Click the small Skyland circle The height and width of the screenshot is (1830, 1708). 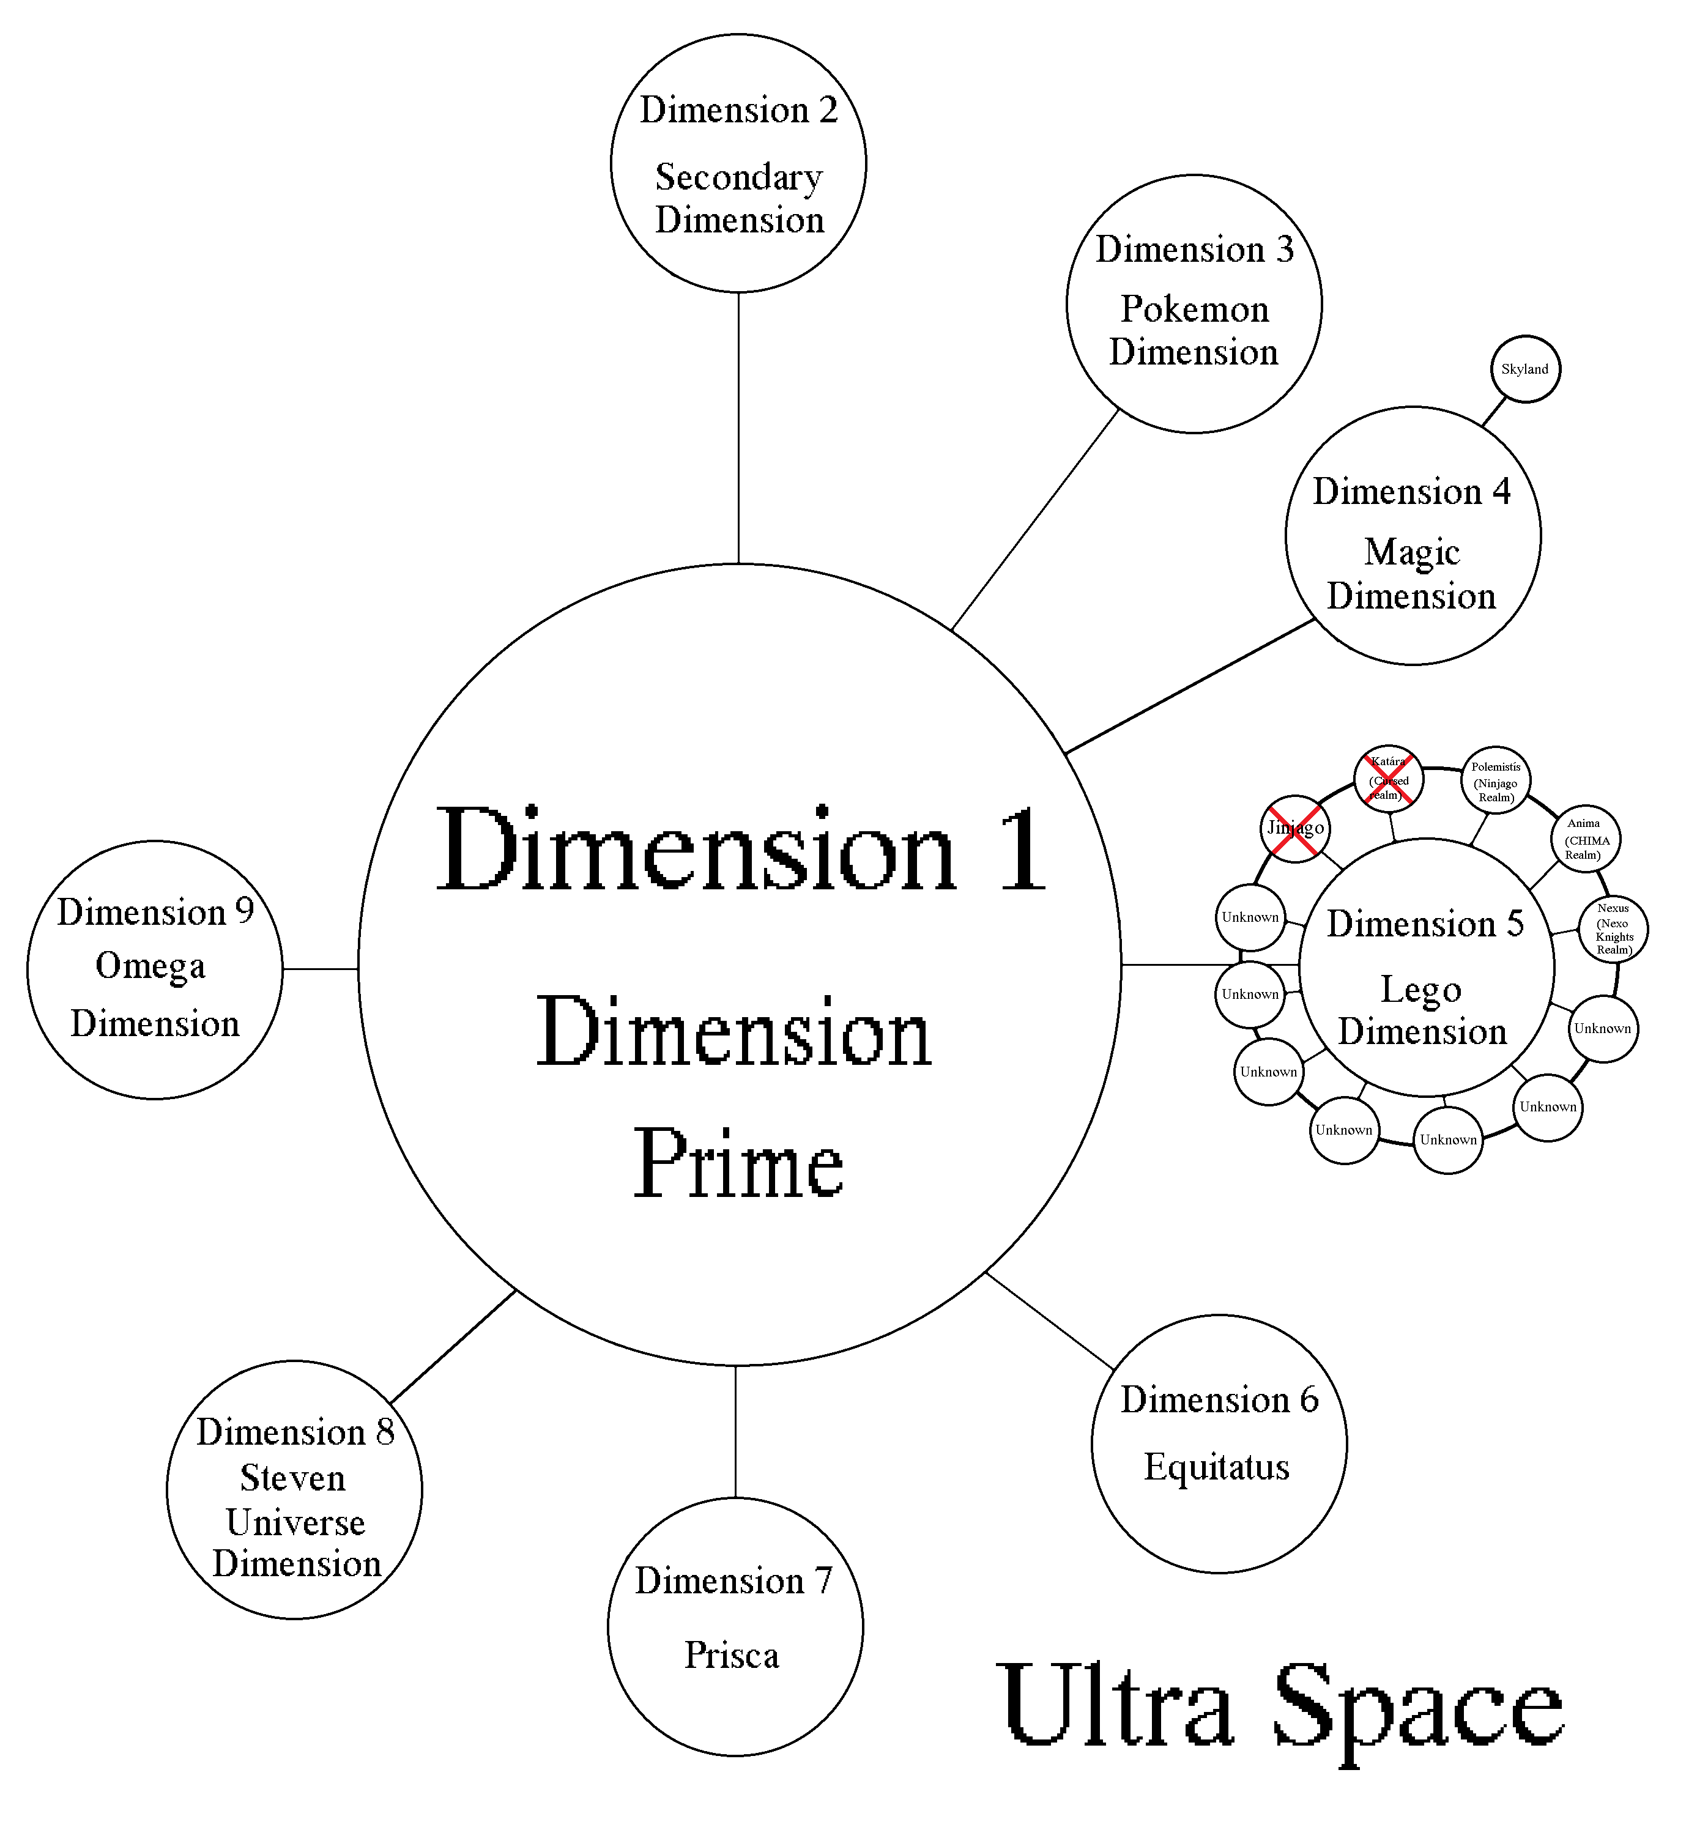[x=1524, y=369]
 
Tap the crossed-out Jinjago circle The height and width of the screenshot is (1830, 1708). [x=1294, y=829]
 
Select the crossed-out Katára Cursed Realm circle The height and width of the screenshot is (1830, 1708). [x=1387, y=779]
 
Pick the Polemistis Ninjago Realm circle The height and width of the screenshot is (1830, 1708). [x=1495, y=782]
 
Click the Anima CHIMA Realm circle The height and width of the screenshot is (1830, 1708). [x=1586, y=839]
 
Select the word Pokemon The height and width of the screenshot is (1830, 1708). [x=1194, y=309]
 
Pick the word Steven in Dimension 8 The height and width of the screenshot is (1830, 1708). [x=293, y=1478]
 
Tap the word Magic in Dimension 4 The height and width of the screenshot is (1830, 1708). [x=1411, y=552]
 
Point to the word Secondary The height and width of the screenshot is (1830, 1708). [x=738, y=177]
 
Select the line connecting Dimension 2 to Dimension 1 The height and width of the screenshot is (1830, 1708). [x=738, y=428]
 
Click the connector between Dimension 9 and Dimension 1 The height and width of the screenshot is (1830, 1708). [x=321, y=968]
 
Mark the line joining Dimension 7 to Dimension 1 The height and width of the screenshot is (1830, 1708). [x=736, y=1431]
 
